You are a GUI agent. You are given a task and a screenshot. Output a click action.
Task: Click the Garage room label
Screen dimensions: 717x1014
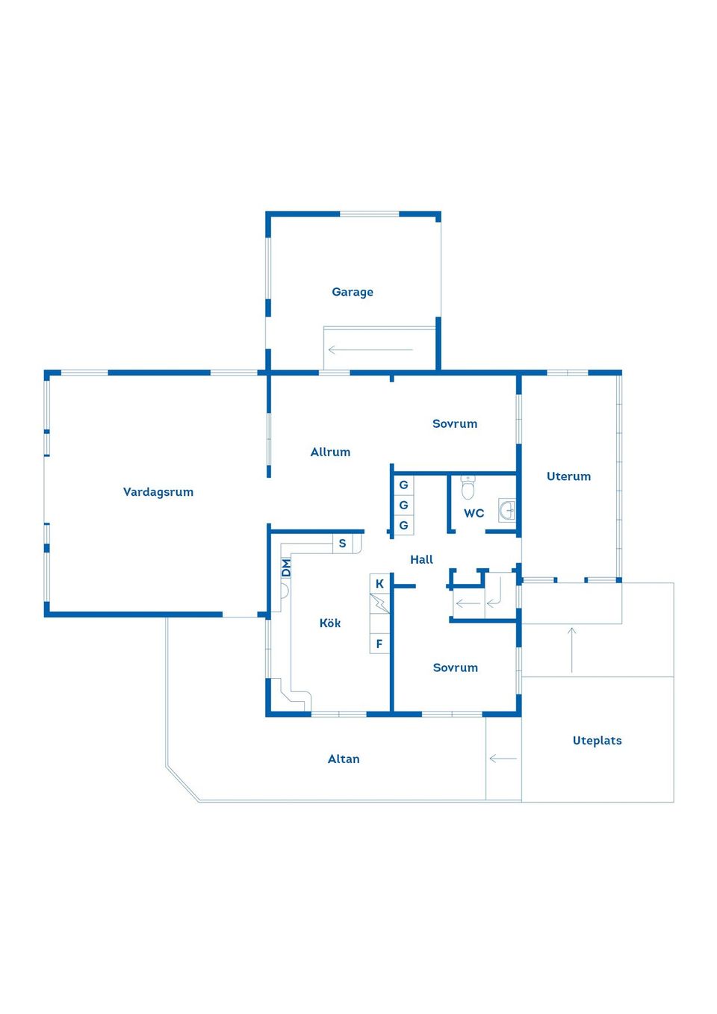353,292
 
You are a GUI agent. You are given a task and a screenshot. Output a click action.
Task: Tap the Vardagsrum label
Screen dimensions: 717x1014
158,491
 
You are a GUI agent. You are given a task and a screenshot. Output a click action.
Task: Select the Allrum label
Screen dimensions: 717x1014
330,452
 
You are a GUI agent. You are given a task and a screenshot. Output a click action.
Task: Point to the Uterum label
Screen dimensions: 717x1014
568,476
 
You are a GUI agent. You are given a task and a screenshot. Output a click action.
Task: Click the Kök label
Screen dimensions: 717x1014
330,623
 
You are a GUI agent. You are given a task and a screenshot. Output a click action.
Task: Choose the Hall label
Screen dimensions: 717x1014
421,559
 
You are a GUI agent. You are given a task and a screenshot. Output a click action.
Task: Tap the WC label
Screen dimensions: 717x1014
474,513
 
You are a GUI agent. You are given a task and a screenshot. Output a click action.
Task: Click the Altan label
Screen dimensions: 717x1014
344,759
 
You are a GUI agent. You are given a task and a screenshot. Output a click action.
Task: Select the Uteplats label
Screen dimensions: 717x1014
597,741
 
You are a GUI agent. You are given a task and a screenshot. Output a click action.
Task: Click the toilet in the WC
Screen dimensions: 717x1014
468,488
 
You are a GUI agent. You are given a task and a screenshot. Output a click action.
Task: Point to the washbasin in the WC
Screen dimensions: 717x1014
506,511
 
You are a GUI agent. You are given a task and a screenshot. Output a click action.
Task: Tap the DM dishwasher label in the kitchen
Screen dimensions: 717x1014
286,568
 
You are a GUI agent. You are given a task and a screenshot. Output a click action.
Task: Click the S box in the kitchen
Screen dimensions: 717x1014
342,544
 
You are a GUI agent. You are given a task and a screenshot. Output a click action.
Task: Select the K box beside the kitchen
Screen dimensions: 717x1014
379,584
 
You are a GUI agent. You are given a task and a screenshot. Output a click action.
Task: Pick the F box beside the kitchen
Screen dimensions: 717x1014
379,643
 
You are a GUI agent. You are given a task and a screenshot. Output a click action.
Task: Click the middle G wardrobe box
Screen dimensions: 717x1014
403,505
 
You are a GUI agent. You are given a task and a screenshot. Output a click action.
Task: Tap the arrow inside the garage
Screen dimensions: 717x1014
370,349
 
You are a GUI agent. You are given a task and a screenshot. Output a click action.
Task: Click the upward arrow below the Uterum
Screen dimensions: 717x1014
571,650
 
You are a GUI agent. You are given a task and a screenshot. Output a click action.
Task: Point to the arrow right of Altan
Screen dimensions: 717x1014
503,758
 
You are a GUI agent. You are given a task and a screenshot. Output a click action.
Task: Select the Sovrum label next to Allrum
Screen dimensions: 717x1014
454,423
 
